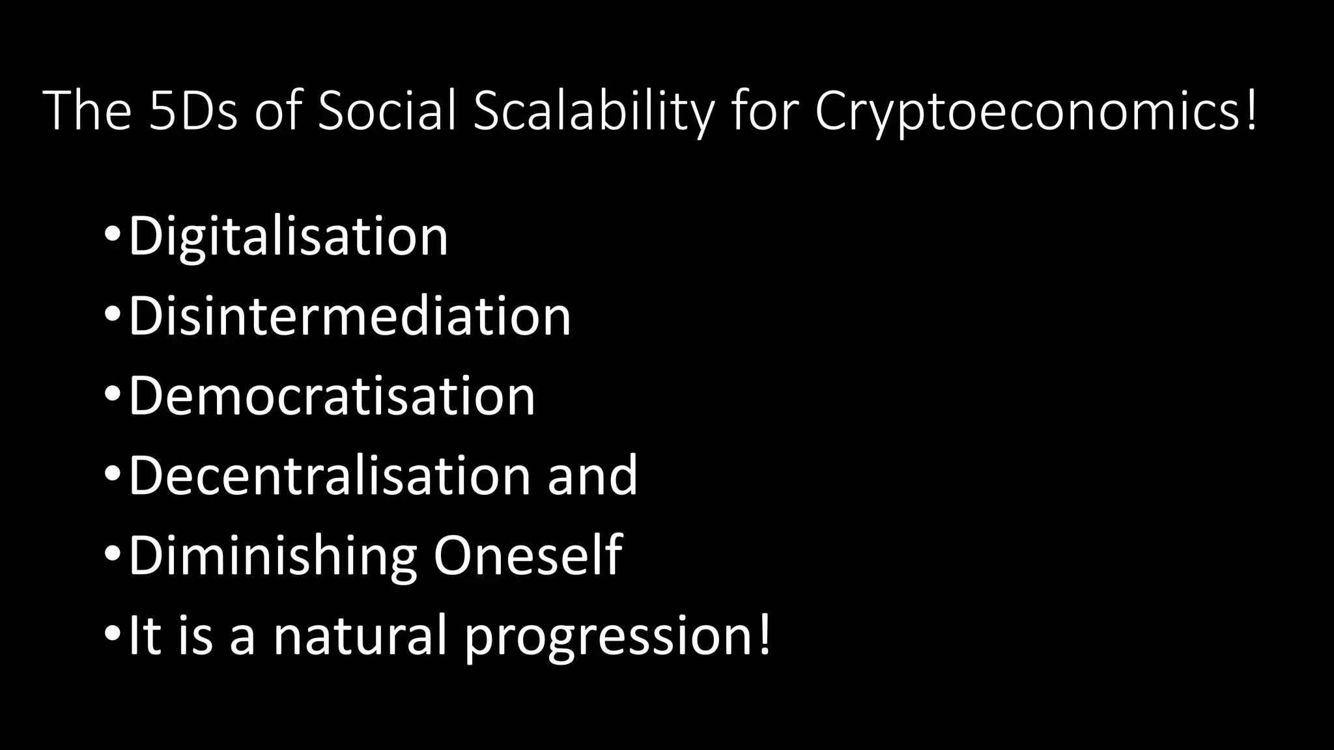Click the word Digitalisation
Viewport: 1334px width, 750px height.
[288, 237]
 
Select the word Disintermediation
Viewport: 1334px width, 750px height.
[349, 317]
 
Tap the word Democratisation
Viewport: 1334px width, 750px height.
[332, 396]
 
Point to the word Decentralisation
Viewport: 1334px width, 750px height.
[330, 477]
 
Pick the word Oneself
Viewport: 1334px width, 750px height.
[528, 555]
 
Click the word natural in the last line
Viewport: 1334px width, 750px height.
[360, 635]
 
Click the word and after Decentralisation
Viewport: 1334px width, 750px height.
[592, 477]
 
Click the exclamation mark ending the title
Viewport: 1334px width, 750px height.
[1251, 109]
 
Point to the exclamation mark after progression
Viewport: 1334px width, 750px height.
[764, 634]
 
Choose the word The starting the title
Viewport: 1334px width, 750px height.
[87, 111]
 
